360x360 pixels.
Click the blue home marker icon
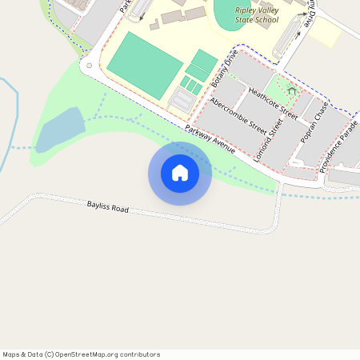tap(180, 173)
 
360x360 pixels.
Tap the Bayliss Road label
tap(107, 208)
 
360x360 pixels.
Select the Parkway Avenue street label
tap(210, 140)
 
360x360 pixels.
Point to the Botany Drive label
tap(225, 71)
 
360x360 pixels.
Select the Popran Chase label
tap(314, 127)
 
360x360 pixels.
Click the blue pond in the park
tap(61, 130)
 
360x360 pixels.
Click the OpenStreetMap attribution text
tap(81, 354)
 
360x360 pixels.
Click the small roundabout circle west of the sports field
tap(90, 66)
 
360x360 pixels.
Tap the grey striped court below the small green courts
tap(184, 100)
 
